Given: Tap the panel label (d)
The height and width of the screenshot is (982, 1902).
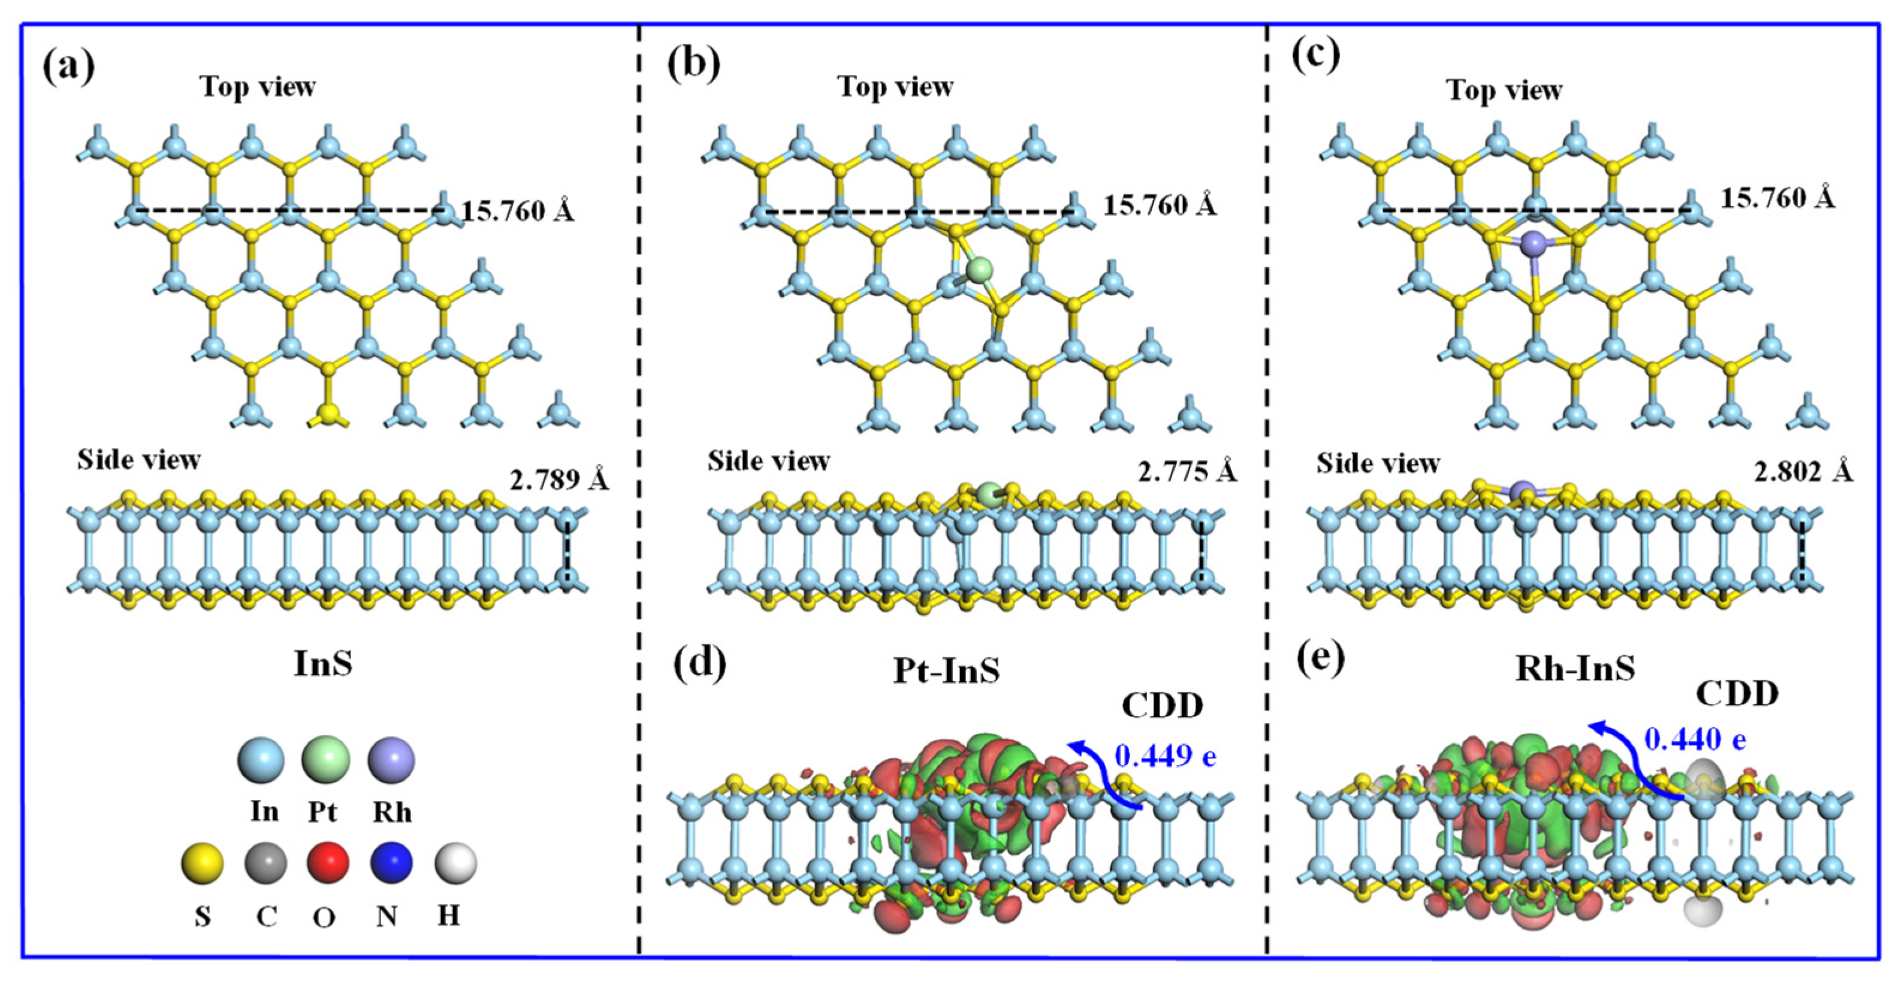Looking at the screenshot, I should tap(699, 663).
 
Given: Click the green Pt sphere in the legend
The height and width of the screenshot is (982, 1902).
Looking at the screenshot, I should tap(325, 760).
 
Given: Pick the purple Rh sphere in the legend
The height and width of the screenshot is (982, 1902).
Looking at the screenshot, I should tap(391, 760).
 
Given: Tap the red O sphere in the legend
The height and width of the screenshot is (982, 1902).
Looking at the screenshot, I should tap(328, 862).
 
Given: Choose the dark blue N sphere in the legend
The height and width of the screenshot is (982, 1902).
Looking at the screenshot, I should tap(391, 862).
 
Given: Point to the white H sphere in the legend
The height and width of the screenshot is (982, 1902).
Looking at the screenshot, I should tap(455, 862).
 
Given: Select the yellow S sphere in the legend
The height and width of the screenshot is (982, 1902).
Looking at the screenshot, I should tap(203, 862).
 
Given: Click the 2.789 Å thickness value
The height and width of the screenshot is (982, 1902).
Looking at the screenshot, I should tap(559, 480).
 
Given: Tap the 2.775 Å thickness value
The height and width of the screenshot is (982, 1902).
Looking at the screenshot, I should tap(1187, 471).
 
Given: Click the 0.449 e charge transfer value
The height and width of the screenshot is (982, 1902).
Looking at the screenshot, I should tap(1165, 756).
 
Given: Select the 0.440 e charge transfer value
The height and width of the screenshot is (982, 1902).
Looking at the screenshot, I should tap(1695, 739).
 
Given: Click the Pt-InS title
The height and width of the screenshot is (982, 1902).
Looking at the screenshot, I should tap(947, 670).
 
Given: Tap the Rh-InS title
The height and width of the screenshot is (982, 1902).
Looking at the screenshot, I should tap(1575, 668).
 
